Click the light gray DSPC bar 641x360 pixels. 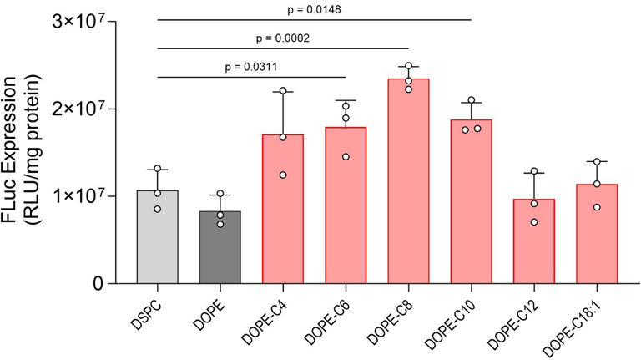158,237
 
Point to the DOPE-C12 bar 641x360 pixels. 533,241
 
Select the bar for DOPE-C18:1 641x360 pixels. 596,234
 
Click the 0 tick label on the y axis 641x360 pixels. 98,284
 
